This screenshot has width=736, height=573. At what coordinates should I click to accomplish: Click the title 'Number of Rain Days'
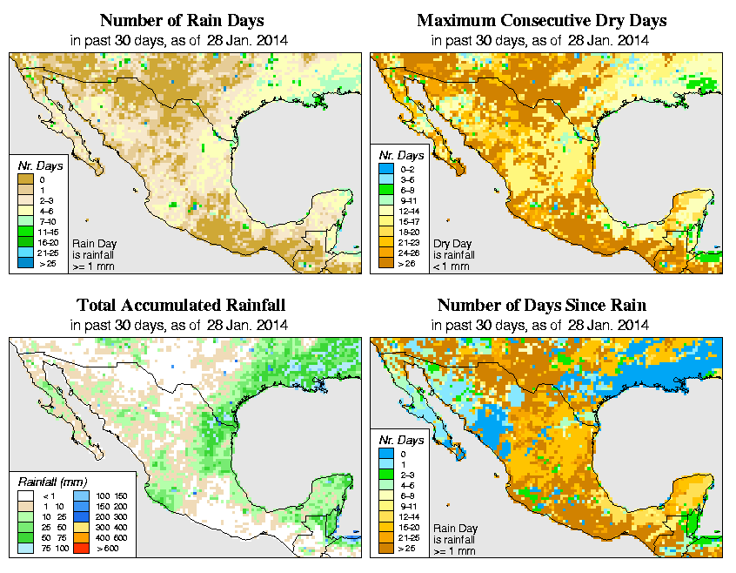pos(181,20)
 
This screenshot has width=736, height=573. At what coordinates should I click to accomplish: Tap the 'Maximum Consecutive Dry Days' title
pos(542,20)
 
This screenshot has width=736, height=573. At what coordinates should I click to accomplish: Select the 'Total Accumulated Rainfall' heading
pos(181,306)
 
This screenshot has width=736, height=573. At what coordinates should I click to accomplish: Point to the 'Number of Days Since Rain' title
pos(542,306)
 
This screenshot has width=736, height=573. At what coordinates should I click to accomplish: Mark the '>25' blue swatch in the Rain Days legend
pos(25,260)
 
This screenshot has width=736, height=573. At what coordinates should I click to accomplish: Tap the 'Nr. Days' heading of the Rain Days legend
pos(36,165)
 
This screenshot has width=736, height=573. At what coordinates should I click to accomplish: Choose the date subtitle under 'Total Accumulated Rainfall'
pos(181,325)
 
